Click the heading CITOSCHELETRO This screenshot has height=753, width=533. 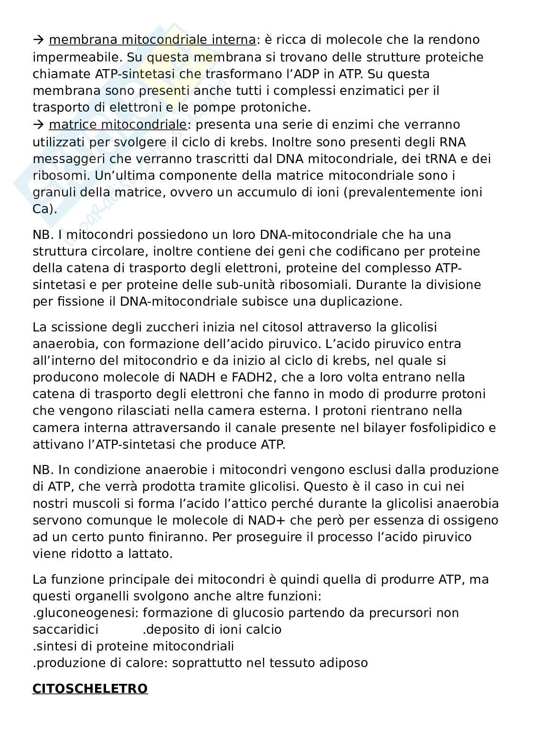[x=90, y=689]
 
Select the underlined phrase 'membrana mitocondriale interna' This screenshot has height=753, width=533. [x=152, y=40]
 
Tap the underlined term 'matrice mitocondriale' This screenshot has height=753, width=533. [x=117, y=124]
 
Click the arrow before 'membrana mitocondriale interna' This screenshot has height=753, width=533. [x=38, y=40]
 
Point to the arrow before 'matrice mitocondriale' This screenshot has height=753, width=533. [x=38, y=125]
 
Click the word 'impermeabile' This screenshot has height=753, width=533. [x=76, y=57]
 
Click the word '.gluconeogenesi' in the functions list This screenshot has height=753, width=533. [x=85, y=613]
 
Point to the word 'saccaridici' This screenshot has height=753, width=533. [x=65, y=629]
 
